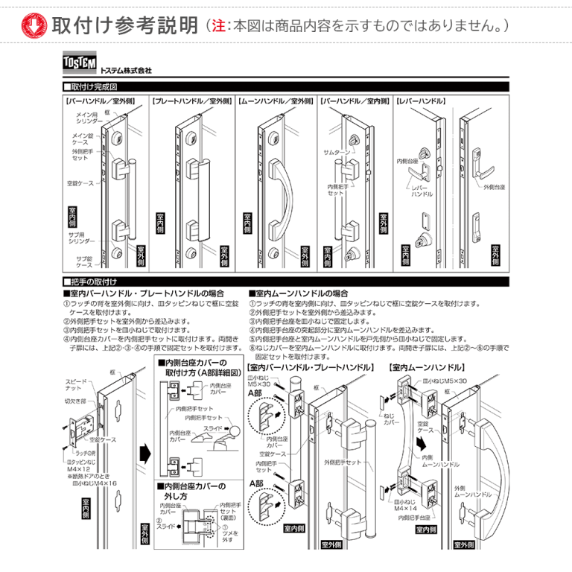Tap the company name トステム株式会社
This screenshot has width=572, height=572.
125,70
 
